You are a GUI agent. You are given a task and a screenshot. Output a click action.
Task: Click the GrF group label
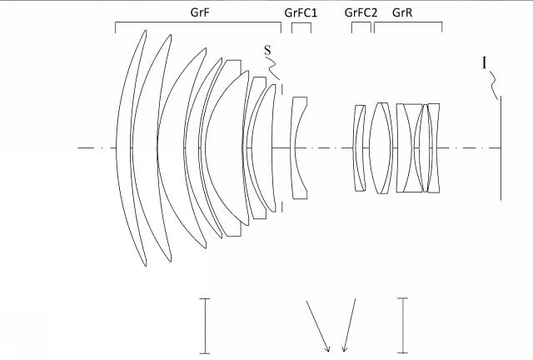[200, 12]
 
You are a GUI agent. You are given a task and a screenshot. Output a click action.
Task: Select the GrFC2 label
[361, 12]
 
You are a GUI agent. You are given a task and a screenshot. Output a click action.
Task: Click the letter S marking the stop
[267, 50]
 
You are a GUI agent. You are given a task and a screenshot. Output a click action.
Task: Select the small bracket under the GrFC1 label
[301, 25]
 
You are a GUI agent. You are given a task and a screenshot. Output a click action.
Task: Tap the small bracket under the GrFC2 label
[361, 25]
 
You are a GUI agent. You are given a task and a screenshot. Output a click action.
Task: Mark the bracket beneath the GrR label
[407, 25]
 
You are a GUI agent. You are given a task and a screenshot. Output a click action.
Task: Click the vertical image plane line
[501, 150]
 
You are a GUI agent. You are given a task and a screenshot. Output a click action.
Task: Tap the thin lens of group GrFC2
[359, 148]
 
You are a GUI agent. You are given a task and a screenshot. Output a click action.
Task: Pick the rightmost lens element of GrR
[433, 148]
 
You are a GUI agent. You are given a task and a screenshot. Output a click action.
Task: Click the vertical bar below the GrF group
[204, 325]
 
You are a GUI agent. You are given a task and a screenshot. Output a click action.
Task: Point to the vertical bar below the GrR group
[403, 325]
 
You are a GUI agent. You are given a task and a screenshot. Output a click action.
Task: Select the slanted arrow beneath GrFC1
[317, 325]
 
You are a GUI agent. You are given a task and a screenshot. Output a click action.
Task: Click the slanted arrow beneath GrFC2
[351, 325]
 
